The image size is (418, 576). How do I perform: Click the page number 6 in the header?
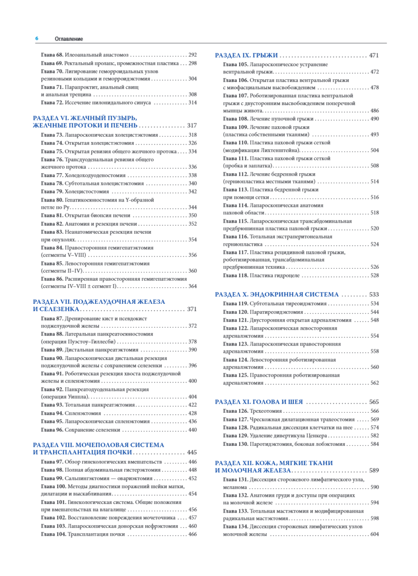37,39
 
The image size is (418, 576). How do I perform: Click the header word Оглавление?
69,39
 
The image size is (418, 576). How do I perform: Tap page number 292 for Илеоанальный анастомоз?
192,55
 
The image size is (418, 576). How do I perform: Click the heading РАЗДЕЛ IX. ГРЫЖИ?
247,55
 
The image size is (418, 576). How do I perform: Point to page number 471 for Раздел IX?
374,55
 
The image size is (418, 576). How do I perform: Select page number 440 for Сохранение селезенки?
192,430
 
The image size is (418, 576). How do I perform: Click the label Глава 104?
53,534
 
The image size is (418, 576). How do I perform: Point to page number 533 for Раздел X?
374,294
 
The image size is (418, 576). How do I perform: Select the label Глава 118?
235,276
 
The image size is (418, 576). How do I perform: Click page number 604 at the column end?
374,534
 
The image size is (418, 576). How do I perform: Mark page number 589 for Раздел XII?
374,470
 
